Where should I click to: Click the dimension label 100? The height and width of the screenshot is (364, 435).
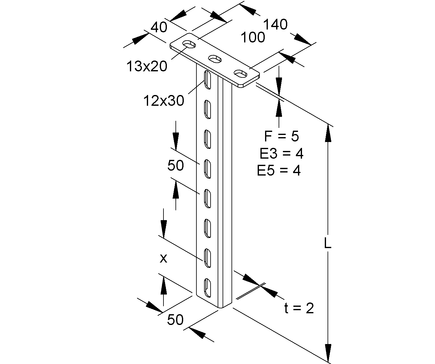(x=253, y=38)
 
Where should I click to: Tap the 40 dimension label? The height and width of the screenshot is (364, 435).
(x=159, y=27)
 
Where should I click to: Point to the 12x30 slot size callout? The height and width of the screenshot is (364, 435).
(x=164, y=100)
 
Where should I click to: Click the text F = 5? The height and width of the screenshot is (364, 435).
(x=281, y=136)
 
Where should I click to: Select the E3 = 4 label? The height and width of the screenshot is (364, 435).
(x=281, y=153)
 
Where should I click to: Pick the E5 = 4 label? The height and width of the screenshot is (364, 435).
(x=279, y=171)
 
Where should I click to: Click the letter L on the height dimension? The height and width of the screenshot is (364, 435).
(x=328, y=243)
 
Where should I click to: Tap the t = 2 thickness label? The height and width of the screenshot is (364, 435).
(x=299, y=308)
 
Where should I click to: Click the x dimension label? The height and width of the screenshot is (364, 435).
(x=163, y=259)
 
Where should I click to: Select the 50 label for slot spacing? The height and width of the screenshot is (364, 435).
(x=175, y=166)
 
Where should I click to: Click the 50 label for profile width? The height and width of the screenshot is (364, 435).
(x=175, y=320)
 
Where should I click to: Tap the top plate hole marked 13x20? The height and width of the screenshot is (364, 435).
(x=190, y=44)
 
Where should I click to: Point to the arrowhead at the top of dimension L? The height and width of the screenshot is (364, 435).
(x=328, y=133)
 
